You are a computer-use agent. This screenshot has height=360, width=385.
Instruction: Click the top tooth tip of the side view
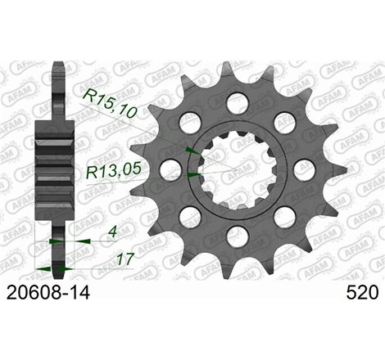pos(56,70)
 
